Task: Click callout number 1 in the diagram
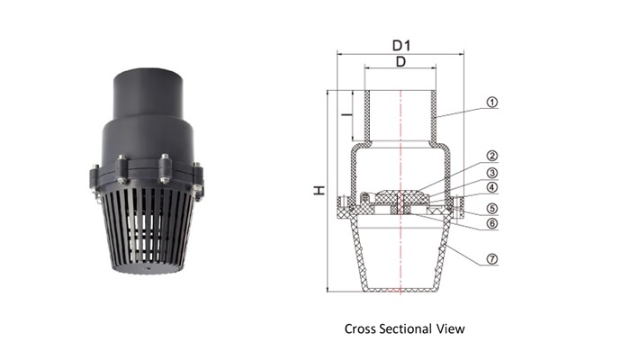point(492,103)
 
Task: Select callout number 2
point(492,156)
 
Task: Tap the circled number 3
point(492,173)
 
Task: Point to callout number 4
point(492,187)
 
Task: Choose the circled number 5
point(492,209)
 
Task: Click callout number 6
point(492,223)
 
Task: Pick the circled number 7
point(492,259)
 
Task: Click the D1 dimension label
point(401,46)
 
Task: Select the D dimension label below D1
point(400,62)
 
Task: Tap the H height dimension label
point(319,190)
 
